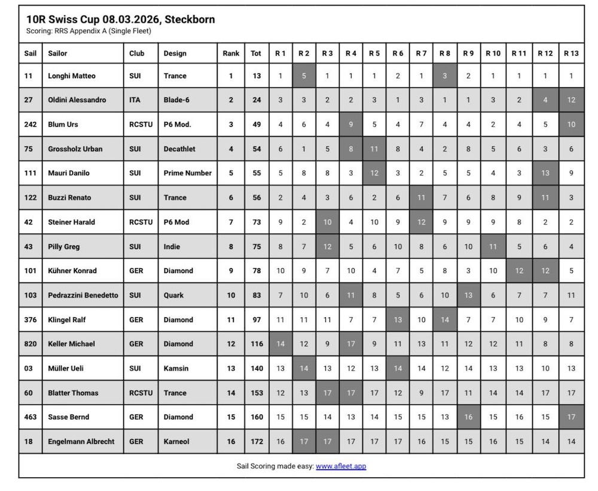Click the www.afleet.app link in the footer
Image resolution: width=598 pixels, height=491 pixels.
point(341,466)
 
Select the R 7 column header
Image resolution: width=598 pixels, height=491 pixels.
point(421,53)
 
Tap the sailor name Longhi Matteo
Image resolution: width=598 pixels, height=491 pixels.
point(72,76)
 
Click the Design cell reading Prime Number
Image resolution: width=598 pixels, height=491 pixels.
point(187,173)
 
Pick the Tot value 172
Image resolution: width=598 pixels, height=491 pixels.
point(257,441)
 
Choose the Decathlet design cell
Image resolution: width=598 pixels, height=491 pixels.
point(179,149)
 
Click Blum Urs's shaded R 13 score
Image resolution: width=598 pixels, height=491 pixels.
point(571,124)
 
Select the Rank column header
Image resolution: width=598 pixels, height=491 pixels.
point(231,53)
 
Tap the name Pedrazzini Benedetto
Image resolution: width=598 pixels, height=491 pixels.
point(83,295)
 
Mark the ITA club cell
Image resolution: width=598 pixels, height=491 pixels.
point(135,100)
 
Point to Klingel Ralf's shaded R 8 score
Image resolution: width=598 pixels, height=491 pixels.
point(444,320)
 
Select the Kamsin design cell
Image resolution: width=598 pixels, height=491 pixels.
point(176,369)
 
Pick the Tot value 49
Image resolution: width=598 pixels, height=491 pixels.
point(257,124)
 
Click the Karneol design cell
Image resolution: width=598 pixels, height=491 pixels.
point(177,441)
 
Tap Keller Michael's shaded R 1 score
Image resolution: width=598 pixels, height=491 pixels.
point(280,344)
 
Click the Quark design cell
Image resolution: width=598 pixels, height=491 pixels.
point(174,295)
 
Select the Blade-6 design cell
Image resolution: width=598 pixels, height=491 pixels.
point(176,100)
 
